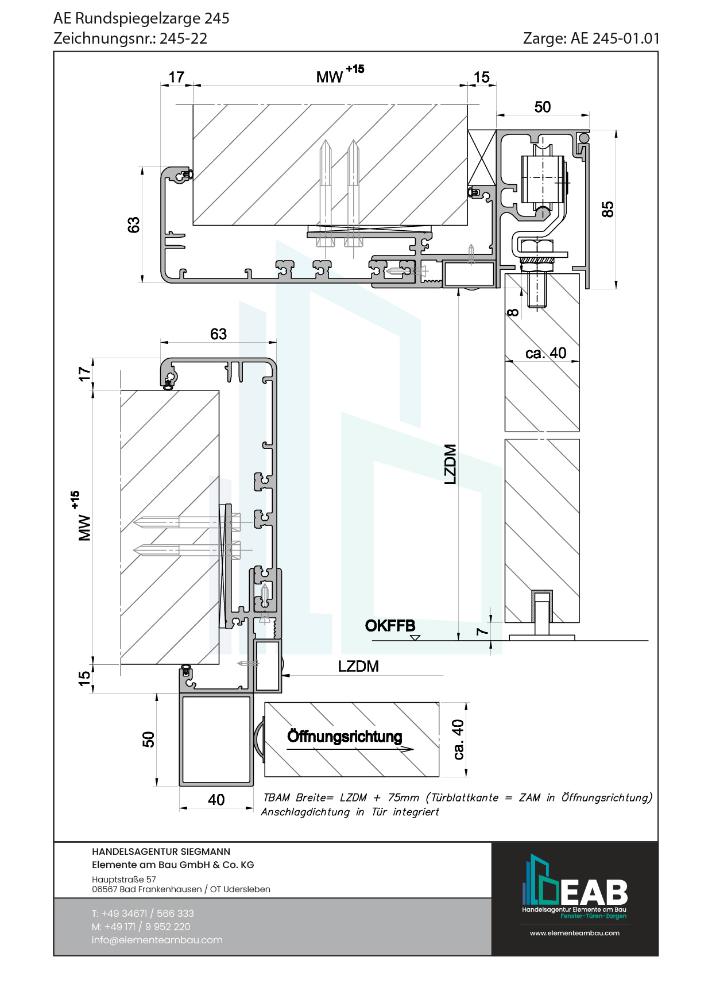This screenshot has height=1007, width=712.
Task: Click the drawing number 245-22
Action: [x=183, y=38]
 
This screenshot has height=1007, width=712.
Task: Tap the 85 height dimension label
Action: [x=607, y=209]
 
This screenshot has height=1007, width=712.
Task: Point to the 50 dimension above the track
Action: [x=542, y=107]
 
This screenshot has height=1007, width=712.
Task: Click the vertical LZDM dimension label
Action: [x=450, y=464]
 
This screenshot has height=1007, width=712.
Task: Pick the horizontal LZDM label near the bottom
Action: [x=358, y=666]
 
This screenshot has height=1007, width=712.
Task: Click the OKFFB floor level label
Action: [x=390, y=625]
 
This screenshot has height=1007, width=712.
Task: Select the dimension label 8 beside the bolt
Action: [x=513, y=312]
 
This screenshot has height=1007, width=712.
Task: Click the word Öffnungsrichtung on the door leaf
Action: [x=345, y=736]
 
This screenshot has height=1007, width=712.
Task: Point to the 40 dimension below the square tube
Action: [x=216, y=800]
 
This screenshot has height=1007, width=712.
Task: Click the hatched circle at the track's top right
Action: [x=584, y=138]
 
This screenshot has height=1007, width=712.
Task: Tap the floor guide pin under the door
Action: [x=542, y=613]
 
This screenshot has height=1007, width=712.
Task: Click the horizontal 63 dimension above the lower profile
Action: [x=218, y=334]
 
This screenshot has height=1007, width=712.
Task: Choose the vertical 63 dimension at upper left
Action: [x=133, y=224]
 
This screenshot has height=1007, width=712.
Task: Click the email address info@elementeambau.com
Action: [x=157, y=940]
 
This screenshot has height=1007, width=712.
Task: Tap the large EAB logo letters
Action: [x=594, y=893]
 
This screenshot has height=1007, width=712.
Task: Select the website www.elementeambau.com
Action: [x=575, y=933]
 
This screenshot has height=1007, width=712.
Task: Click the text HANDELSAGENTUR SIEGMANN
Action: [x=161, y=851]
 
